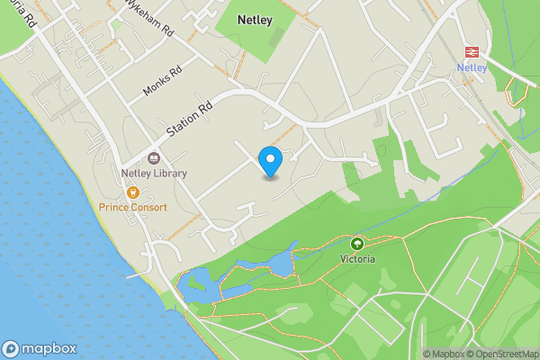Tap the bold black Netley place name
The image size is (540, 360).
tap(255, 18)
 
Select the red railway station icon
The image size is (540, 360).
tap(471, 50)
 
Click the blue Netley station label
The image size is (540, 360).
tap(472, 67)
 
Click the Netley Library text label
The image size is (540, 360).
tap(154, 174)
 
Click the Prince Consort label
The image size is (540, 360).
tap(133, 207)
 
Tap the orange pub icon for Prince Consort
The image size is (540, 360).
tap(133, 192)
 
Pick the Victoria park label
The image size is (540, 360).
tap(357, 258)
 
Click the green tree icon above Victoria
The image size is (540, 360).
tap(357, 243)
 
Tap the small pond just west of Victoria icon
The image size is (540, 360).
tap(280, 262)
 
